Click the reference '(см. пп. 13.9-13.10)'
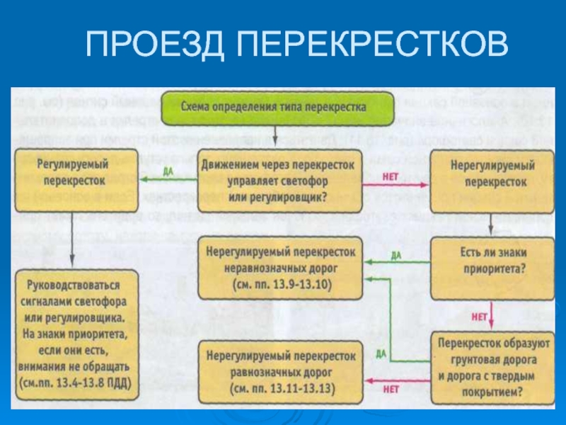(x=281, y=284)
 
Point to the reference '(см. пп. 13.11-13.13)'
(x=281, y=389)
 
